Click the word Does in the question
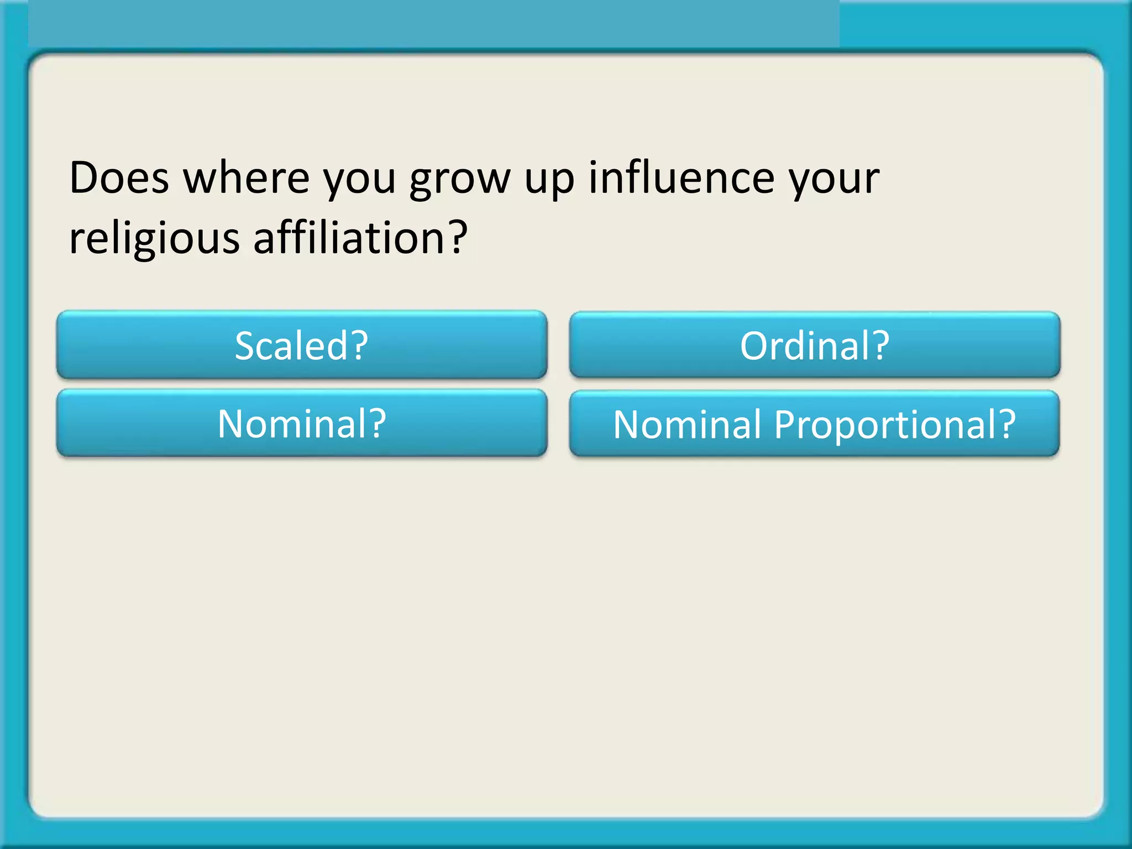(x=119, y=178)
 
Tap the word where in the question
(x=246, y=178)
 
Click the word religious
(x=154, y=239)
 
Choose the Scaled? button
(x=302, y=345)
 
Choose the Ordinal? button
(x=815, y=345)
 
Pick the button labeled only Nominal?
(x=302, y=423)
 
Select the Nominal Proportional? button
(x=815, y=424)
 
